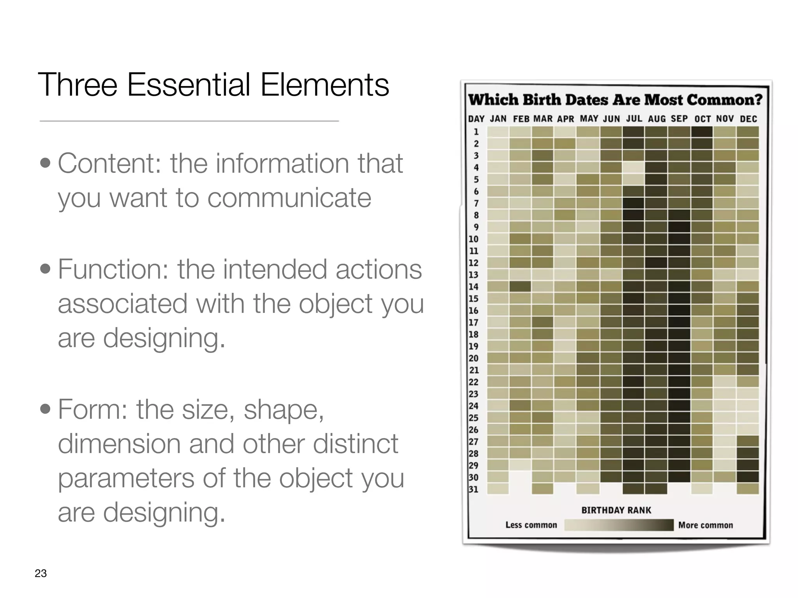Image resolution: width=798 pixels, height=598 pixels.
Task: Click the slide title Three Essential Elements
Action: coord(213,85)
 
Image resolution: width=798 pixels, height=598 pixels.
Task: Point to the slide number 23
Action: coord(41,573)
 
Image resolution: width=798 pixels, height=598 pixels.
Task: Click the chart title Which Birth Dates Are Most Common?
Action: coord(615,100)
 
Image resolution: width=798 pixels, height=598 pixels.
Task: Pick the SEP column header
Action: coord(679,119)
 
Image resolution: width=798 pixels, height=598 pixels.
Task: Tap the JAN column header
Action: coord(498,119)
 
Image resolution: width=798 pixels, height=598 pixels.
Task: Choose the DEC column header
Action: coord(748,119)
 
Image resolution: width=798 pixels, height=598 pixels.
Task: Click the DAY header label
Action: coord(476,119)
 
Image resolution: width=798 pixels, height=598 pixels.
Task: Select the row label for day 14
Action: coord(473,287)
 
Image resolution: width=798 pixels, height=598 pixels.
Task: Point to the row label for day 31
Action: coord(473,489)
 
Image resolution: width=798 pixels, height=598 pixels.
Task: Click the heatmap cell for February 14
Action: coord(520,287)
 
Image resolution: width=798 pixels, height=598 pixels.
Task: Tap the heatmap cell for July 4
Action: coord(633,167)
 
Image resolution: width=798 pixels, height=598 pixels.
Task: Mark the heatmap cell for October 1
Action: coord(702,132)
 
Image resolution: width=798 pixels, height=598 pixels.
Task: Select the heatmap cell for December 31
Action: coord(748,489)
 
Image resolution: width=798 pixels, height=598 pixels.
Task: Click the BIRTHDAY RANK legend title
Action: coord(616,510)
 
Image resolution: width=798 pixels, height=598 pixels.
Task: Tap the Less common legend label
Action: coord(531,525)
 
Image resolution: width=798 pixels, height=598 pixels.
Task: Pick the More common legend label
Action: coord(705,525)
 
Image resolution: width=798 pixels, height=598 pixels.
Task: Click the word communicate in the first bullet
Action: coord(289,198)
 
